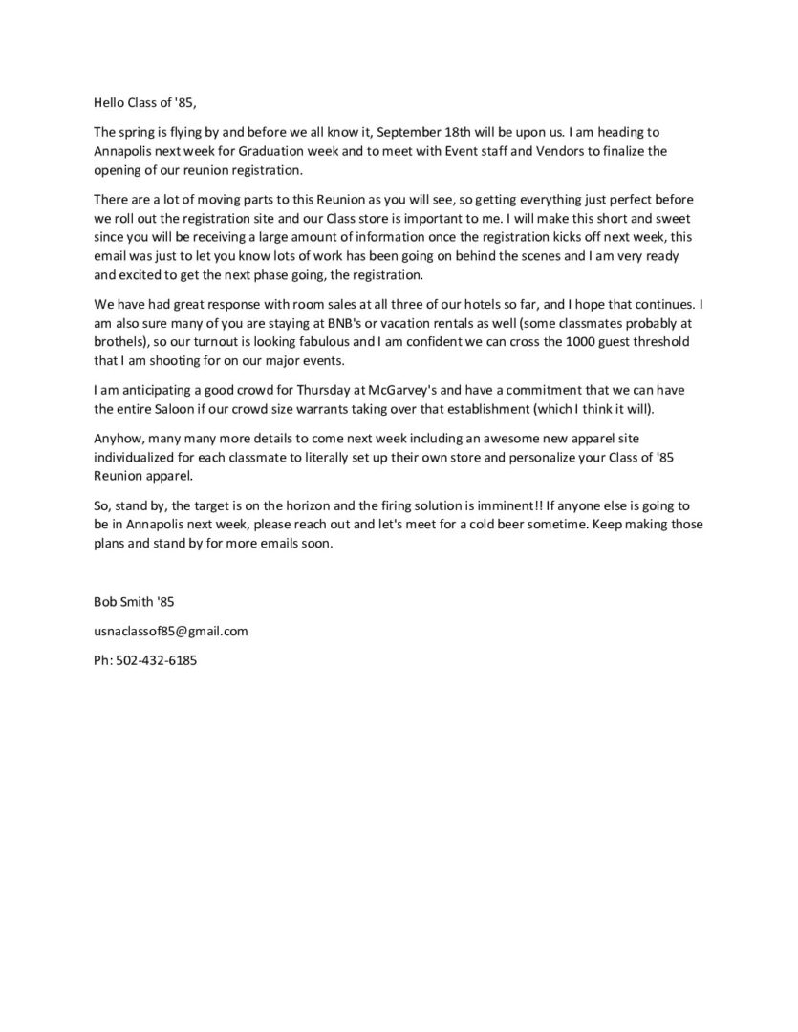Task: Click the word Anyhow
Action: pos(117,439)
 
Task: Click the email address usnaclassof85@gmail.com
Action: pos(170,631)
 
